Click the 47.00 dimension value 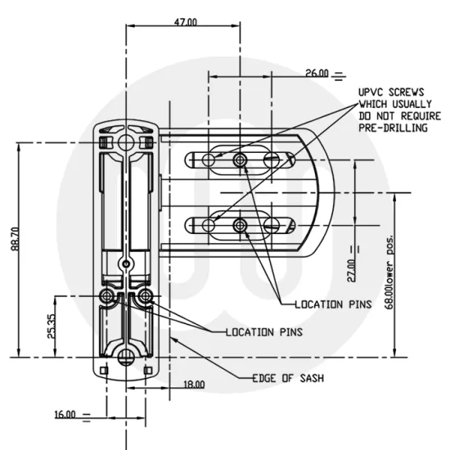point(186,22)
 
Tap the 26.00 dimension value point(317,73)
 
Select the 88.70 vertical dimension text point(16,239)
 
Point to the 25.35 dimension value point(51,326)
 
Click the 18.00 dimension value point(194,385)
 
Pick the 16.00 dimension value point(65,415)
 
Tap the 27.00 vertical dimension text point(351,271)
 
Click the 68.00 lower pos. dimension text point(389,272)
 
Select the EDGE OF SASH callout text point(288,378)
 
